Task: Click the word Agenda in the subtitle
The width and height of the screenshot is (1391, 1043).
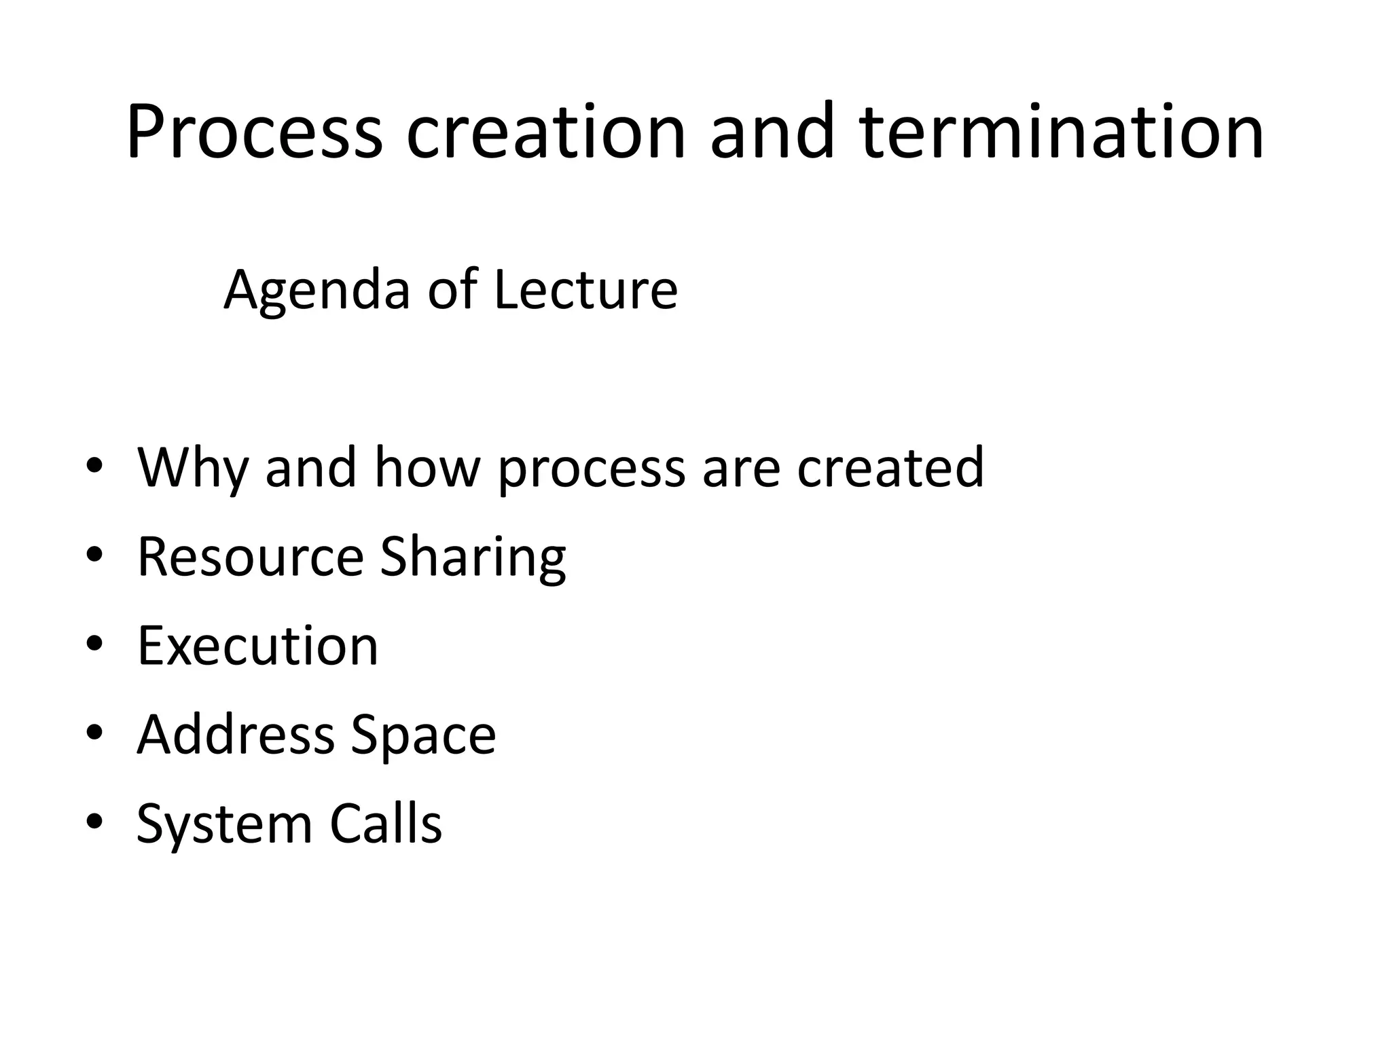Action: click(317, 291)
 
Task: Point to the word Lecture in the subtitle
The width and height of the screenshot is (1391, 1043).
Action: click(585, 291)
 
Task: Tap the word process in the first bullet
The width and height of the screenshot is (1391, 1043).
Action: click(592, 469)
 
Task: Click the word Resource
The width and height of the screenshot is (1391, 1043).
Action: click(251, 557)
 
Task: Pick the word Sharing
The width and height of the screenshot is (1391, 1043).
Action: click(473, 557)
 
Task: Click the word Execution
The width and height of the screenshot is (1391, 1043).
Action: click(257, 646)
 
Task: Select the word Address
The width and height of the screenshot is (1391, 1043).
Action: click(236, 735)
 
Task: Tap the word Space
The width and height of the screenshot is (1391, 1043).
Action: click(424, 735)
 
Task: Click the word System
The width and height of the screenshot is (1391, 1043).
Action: click(224, 824)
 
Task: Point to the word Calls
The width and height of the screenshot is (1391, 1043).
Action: click(386, 824)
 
